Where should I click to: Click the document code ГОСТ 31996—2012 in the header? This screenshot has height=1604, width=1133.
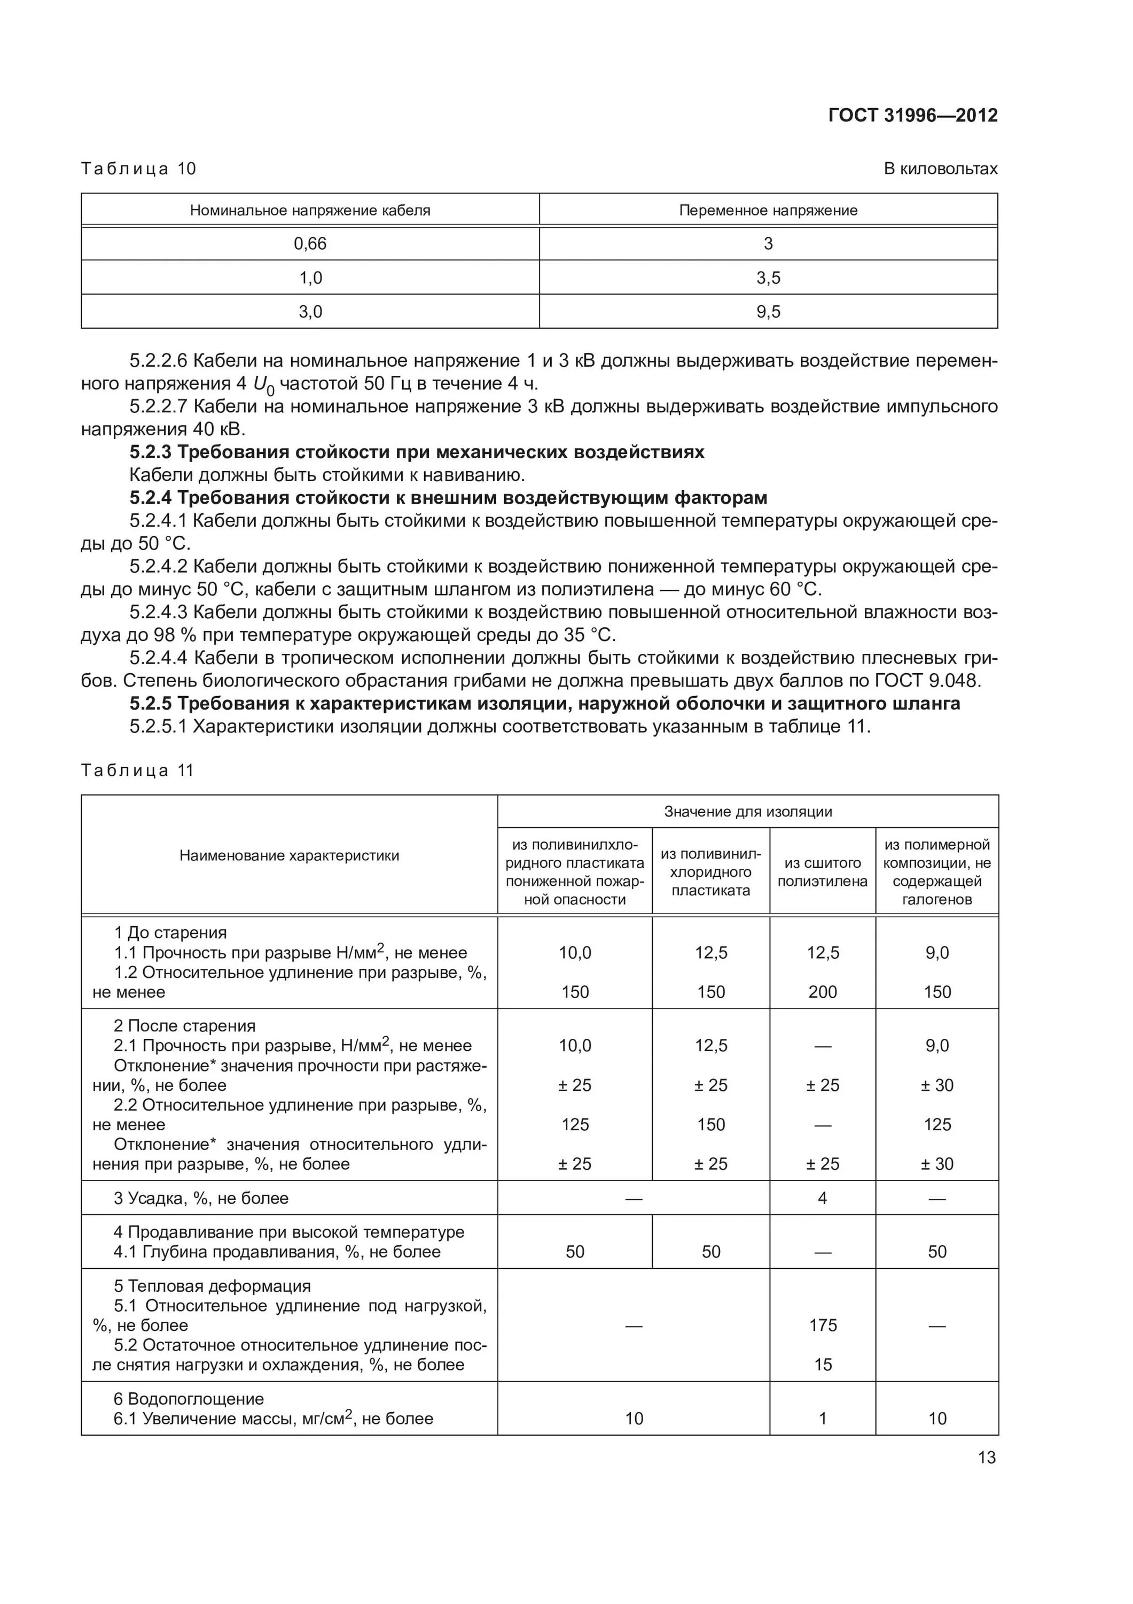[x=912, y=115]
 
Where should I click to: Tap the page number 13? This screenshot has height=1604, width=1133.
[x=987, y=1458]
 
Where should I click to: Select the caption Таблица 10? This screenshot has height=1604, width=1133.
[x=138, y=169]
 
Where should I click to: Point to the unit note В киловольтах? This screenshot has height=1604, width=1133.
[x=940, y=169]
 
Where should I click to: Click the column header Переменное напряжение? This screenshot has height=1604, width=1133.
[x=768, y=210]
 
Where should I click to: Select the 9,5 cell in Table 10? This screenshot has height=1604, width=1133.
[x=768, y=312]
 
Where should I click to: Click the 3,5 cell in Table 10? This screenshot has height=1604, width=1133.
[x=768, y=278]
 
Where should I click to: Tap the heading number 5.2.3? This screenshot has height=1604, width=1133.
[x=150, y=452]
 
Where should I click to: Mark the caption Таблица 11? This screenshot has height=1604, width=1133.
[x=137, y=770]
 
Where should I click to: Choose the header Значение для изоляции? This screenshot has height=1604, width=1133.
[x=748, y=812]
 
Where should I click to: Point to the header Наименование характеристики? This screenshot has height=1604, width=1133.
[x=289, y=856]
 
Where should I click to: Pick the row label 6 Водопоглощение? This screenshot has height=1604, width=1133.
[x=189, y=1399]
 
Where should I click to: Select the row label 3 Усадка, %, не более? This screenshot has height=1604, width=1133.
[x=201, y=1198]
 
